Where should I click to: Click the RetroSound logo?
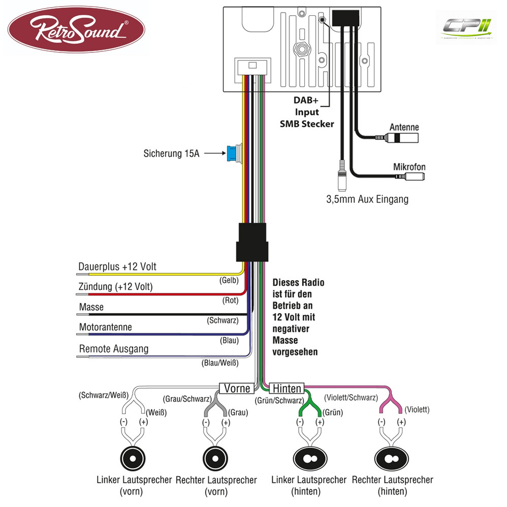click(76, 29)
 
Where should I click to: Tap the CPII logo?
click(466, 28)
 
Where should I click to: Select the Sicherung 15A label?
click(171, 154)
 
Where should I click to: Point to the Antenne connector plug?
click(397, 138)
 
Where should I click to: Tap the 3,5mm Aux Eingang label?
click(367, 199)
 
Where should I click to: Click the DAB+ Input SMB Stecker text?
click(306, 112)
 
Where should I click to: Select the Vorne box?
click(237, 388)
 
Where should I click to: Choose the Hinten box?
click(287, 388)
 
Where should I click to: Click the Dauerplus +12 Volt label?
click(117, 267)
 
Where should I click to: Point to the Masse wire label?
click(91, 307)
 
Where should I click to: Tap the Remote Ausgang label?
click(114, 349)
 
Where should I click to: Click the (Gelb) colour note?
click(229, 280)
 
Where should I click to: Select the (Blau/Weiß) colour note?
click(220, 363)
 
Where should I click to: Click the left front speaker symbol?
click(133, 459)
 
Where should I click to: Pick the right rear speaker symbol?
click(392, 459)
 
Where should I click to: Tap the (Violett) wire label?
click(417, 409)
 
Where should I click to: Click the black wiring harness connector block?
click(252, 242)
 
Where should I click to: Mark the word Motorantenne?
click(105, 327)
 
